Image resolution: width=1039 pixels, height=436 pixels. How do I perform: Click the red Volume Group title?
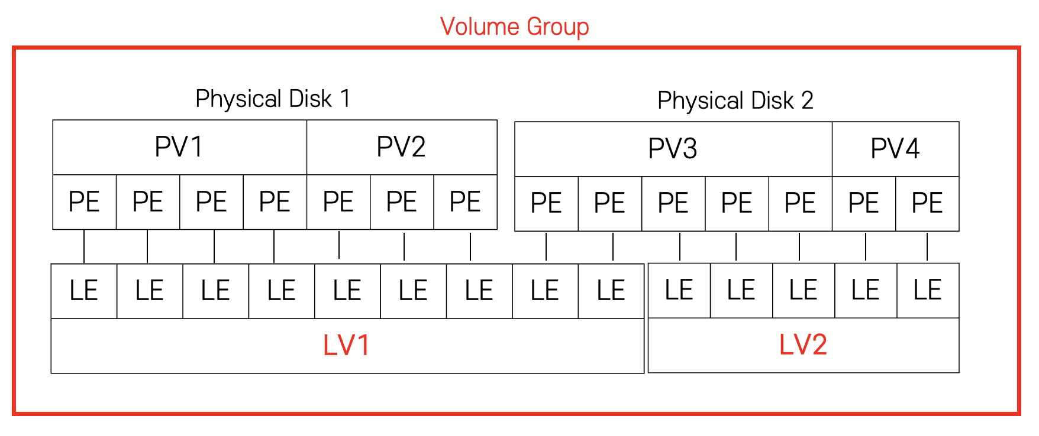point(514,27)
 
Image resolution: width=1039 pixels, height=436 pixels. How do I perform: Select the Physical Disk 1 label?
point(273,99)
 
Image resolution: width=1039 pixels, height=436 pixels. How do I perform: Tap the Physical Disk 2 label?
point(735,100)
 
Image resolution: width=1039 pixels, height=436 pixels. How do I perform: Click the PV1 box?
point(179,147)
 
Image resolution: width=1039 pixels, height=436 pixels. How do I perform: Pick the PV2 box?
point(401,147)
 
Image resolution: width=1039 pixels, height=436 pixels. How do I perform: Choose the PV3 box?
point(673,149)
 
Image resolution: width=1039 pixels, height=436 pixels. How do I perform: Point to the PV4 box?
point(895,149)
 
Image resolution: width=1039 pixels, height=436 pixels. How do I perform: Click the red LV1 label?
point(347,345)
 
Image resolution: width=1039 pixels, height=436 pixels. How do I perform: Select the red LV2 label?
point(803,344)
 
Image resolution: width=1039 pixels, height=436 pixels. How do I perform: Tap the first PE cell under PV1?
point(84,202)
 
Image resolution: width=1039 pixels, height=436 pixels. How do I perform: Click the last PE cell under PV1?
point(275,202)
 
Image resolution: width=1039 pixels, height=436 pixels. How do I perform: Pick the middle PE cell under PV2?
point(401,202)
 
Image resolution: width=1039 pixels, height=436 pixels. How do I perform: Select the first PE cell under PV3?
point(546,204)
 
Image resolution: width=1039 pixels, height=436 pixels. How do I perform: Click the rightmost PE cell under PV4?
point(927,204)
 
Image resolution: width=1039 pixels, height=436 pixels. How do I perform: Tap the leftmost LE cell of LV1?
point(83,291)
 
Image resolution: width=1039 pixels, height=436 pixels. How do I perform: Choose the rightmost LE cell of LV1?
point(611,291)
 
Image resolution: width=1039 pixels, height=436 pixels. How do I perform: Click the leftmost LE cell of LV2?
point(679,291)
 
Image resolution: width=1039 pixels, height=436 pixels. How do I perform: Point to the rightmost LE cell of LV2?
point(927,291)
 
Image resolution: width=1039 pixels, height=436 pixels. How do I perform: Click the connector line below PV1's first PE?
point(84,246)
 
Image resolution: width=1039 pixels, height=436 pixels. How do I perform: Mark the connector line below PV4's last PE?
point(927,247)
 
